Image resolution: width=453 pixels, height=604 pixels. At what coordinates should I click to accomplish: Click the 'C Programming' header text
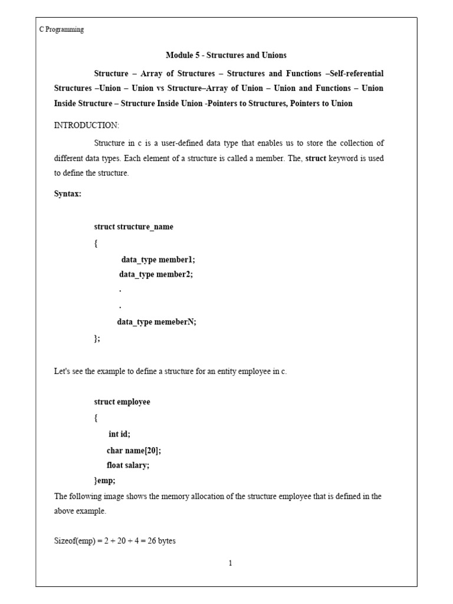[x=61, y=29]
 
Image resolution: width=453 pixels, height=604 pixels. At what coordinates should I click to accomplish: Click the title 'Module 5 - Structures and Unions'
[x=226, y=55]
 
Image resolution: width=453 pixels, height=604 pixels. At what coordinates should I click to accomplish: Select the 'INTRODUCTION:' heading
[x=86, y=125]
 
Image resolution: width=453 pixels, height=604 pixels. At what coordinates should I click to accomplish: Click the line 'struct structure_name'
[x=133, y=227]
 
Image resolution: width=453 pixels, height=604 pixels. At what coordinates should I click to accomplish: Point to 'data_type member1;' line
[x=158, y=259]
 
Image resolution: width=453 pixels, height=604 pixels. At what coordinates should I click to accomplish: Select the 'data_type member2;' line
[x=156, y=274]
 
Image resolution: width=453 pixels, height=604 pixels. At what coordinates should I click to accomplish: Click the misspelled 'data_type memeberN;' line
[x=156, y=322]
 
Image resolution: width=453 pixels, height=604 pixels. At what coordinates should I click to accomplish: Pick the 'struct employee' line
[x=122, y=402]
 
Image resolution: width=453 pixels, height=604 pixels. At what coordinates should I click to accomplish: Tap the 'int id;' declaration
[x=119, y=434]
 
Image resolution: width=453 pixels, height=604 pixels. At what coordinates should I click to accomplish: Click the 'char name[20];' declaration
[x=133, y=450]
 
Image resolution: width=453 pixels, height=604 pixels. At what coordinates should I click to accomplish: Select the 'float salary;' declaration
[x=128, y=465]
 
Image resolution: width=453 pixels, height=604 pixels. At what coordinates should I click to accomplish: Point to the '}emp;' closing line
[x=105, y=481]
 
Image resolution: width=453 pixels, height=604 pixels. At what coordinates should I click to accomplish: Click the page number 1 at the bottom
[x=230, y=563]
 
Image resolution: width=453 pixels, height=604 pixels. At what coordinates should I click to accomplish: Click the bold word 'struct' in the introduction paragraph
[x=315, y=159]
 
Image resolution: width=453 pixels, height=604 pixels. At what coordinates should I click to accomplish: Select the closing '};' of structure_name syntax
[x=97, y=338]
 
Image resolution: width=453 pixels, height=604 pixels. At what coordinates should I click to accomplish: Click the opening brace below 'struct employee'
[x=96, y=418]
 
